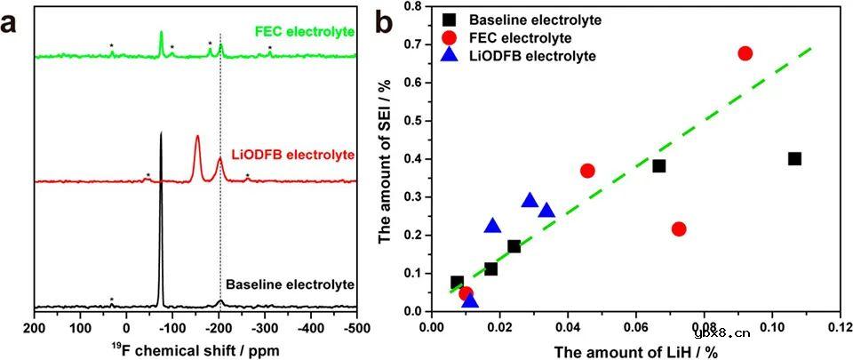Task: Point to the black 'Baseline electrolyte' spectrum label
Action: (291, 284)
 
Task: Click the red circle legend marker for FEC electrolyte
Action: (451, 38)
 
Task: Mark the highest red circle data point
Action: (745, 53)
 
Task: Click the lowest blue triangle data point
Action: (470, 301)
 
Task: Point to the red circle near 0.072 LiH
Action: (679, 228)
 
